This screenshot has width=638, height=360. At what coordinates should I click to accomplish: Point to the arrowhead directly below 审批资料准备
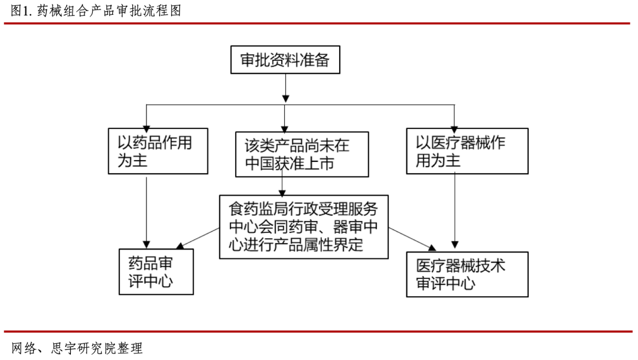click(286, 99)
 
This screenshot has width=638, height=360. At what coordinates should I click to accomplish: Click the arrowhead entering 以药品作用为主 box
click(147, 129)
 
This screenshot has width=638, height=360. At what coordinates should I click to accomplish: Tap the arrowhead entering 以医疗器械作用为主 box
click(454, 129)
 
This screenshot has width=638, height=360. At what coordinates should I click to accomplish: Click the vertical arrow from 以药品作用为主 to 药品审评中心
click(147, 212)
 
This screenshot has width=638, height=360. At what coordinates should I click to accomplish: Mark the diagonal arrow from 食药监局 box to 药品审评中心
click(198, 238)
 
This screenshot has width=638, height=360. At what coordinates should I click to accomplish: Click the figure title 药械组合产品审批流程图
click(109, 11)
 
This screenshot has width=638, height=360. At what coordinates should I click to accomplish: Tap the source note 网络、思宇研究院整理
click(77, 348)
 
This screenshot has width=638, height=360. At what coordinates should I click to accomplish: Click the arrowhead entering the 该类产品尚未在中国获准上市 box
click(284, 129)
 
